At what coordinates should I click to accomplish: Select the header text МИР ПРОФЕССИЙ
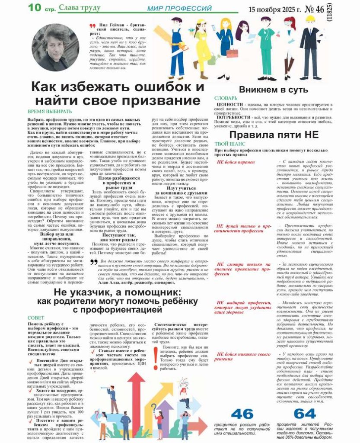point(179,9)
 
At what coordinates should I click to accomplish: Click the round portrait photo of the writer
point(55,46)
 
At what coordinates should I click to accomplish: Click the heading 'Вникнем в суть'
point(273,90)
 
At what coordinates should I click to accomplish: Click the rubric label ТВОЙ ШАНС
point(227,144)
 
